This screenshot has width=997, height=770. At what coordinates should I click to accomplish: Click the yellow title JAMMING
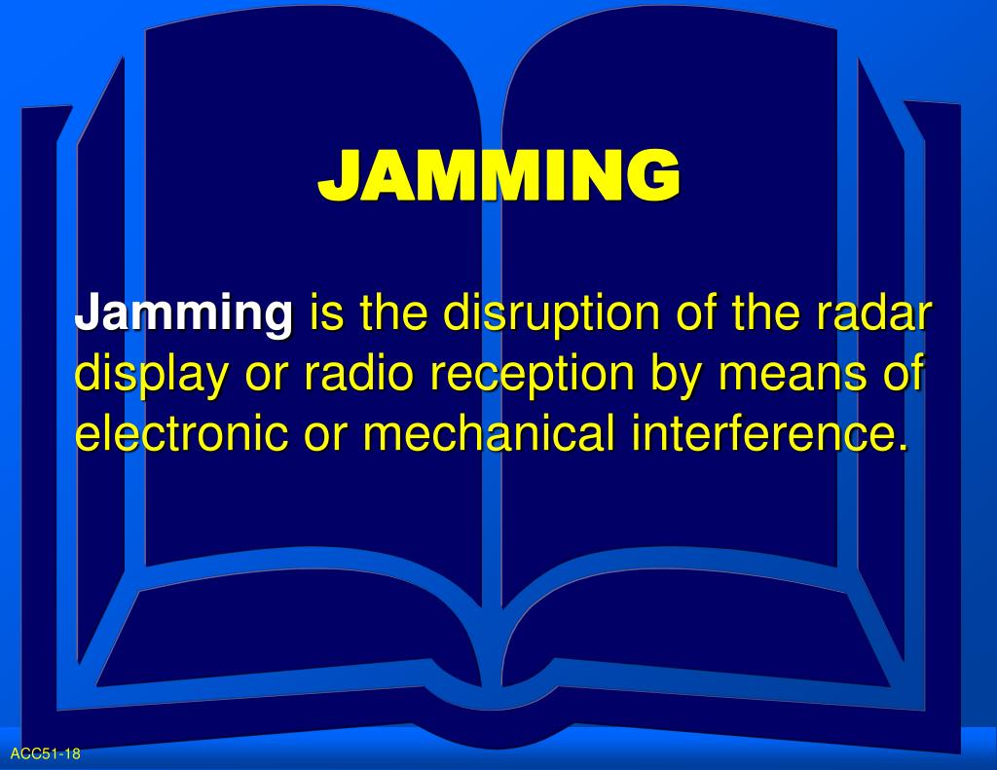tap(498, 175)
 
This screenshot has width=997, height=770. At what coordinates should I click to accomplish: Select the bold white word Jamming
tap(184, 315)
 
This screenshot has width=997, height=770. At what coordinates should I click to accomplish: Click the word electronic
tap(181, 433)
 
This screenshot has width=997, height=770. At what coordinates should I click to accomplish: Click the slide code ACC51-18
tap(45, 753)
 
